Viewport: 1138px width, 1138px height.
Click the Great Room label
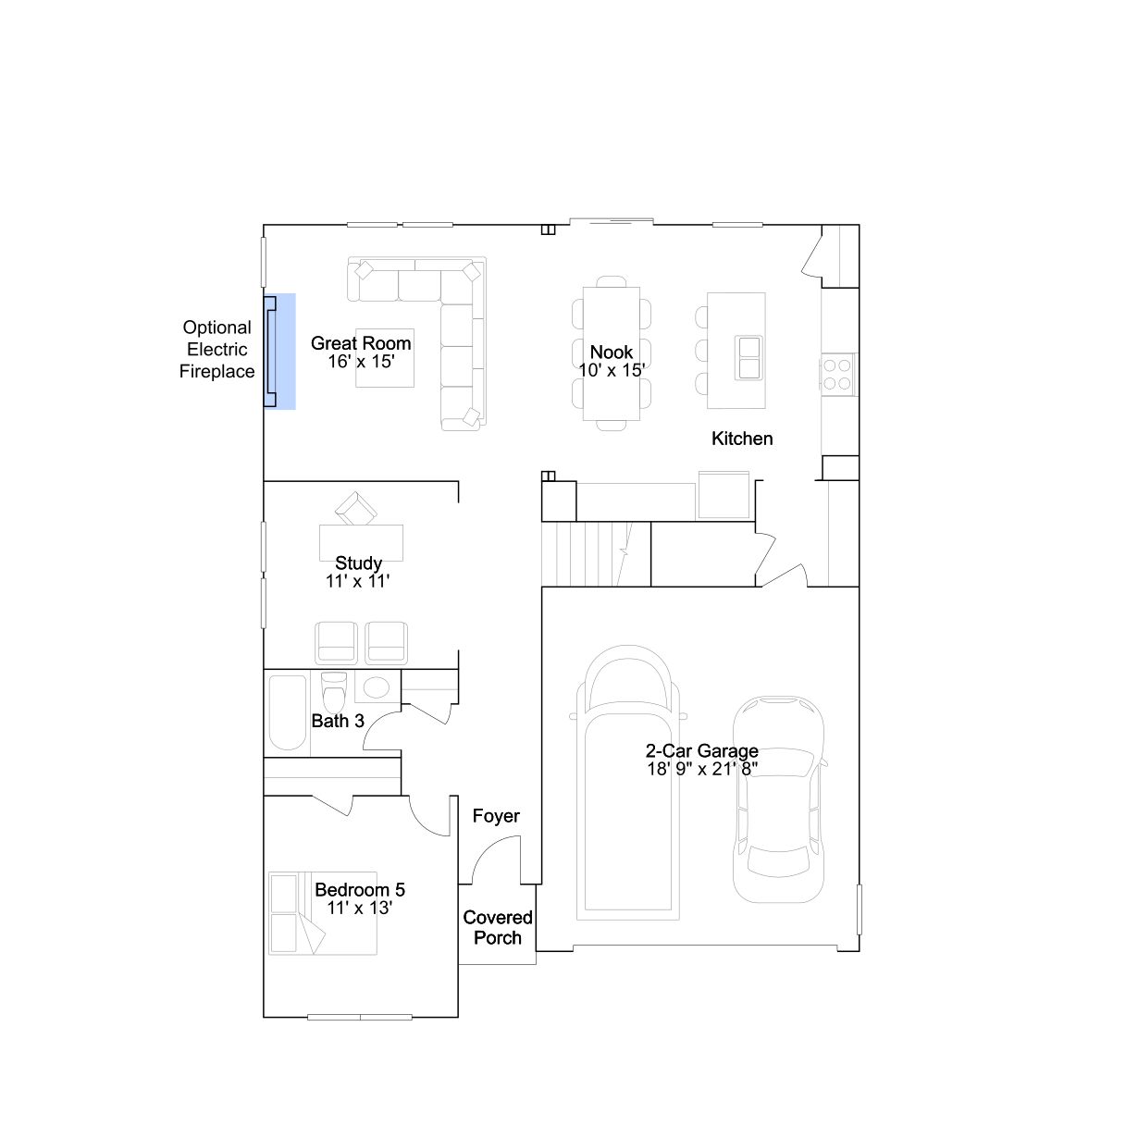361,343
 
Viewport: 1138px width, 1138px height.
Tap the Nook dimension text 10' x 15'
612,370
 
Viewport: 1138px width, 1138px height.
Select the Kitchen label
742,439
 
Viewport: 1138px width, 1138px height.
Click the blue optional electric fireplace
278,352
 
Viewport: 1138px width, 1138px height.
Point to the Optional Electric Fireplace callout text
216,349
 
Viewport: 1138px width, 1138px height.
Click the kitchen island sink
748,357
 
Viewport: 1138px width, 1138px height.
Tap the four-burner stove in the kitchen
837,375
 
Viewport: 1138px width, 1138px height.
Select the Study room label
358,563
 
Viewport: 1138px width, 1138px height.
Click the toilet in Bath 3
334,692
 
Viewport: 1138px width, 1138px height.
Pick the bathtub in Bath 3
288,712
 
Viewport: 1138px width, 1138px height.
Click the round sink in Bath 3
377,687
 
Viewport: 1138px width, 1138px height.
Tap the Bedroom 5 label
360,889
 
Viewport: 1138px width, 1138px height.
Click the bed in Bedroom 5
323,913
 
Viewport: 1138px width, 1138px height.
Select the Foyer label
496,815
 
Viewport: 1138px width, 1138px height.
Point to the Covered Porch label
497,927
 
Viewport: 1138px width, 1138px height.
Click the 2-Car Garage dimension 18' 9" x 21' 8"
701,769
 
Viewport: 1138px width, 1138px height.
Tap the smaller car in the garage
778,799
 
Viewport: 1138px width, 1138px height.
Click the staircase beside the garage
596,554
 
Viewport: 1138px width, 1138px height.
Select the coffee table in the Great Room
385,358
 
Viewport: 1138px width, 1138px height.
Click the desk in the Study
361,542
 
